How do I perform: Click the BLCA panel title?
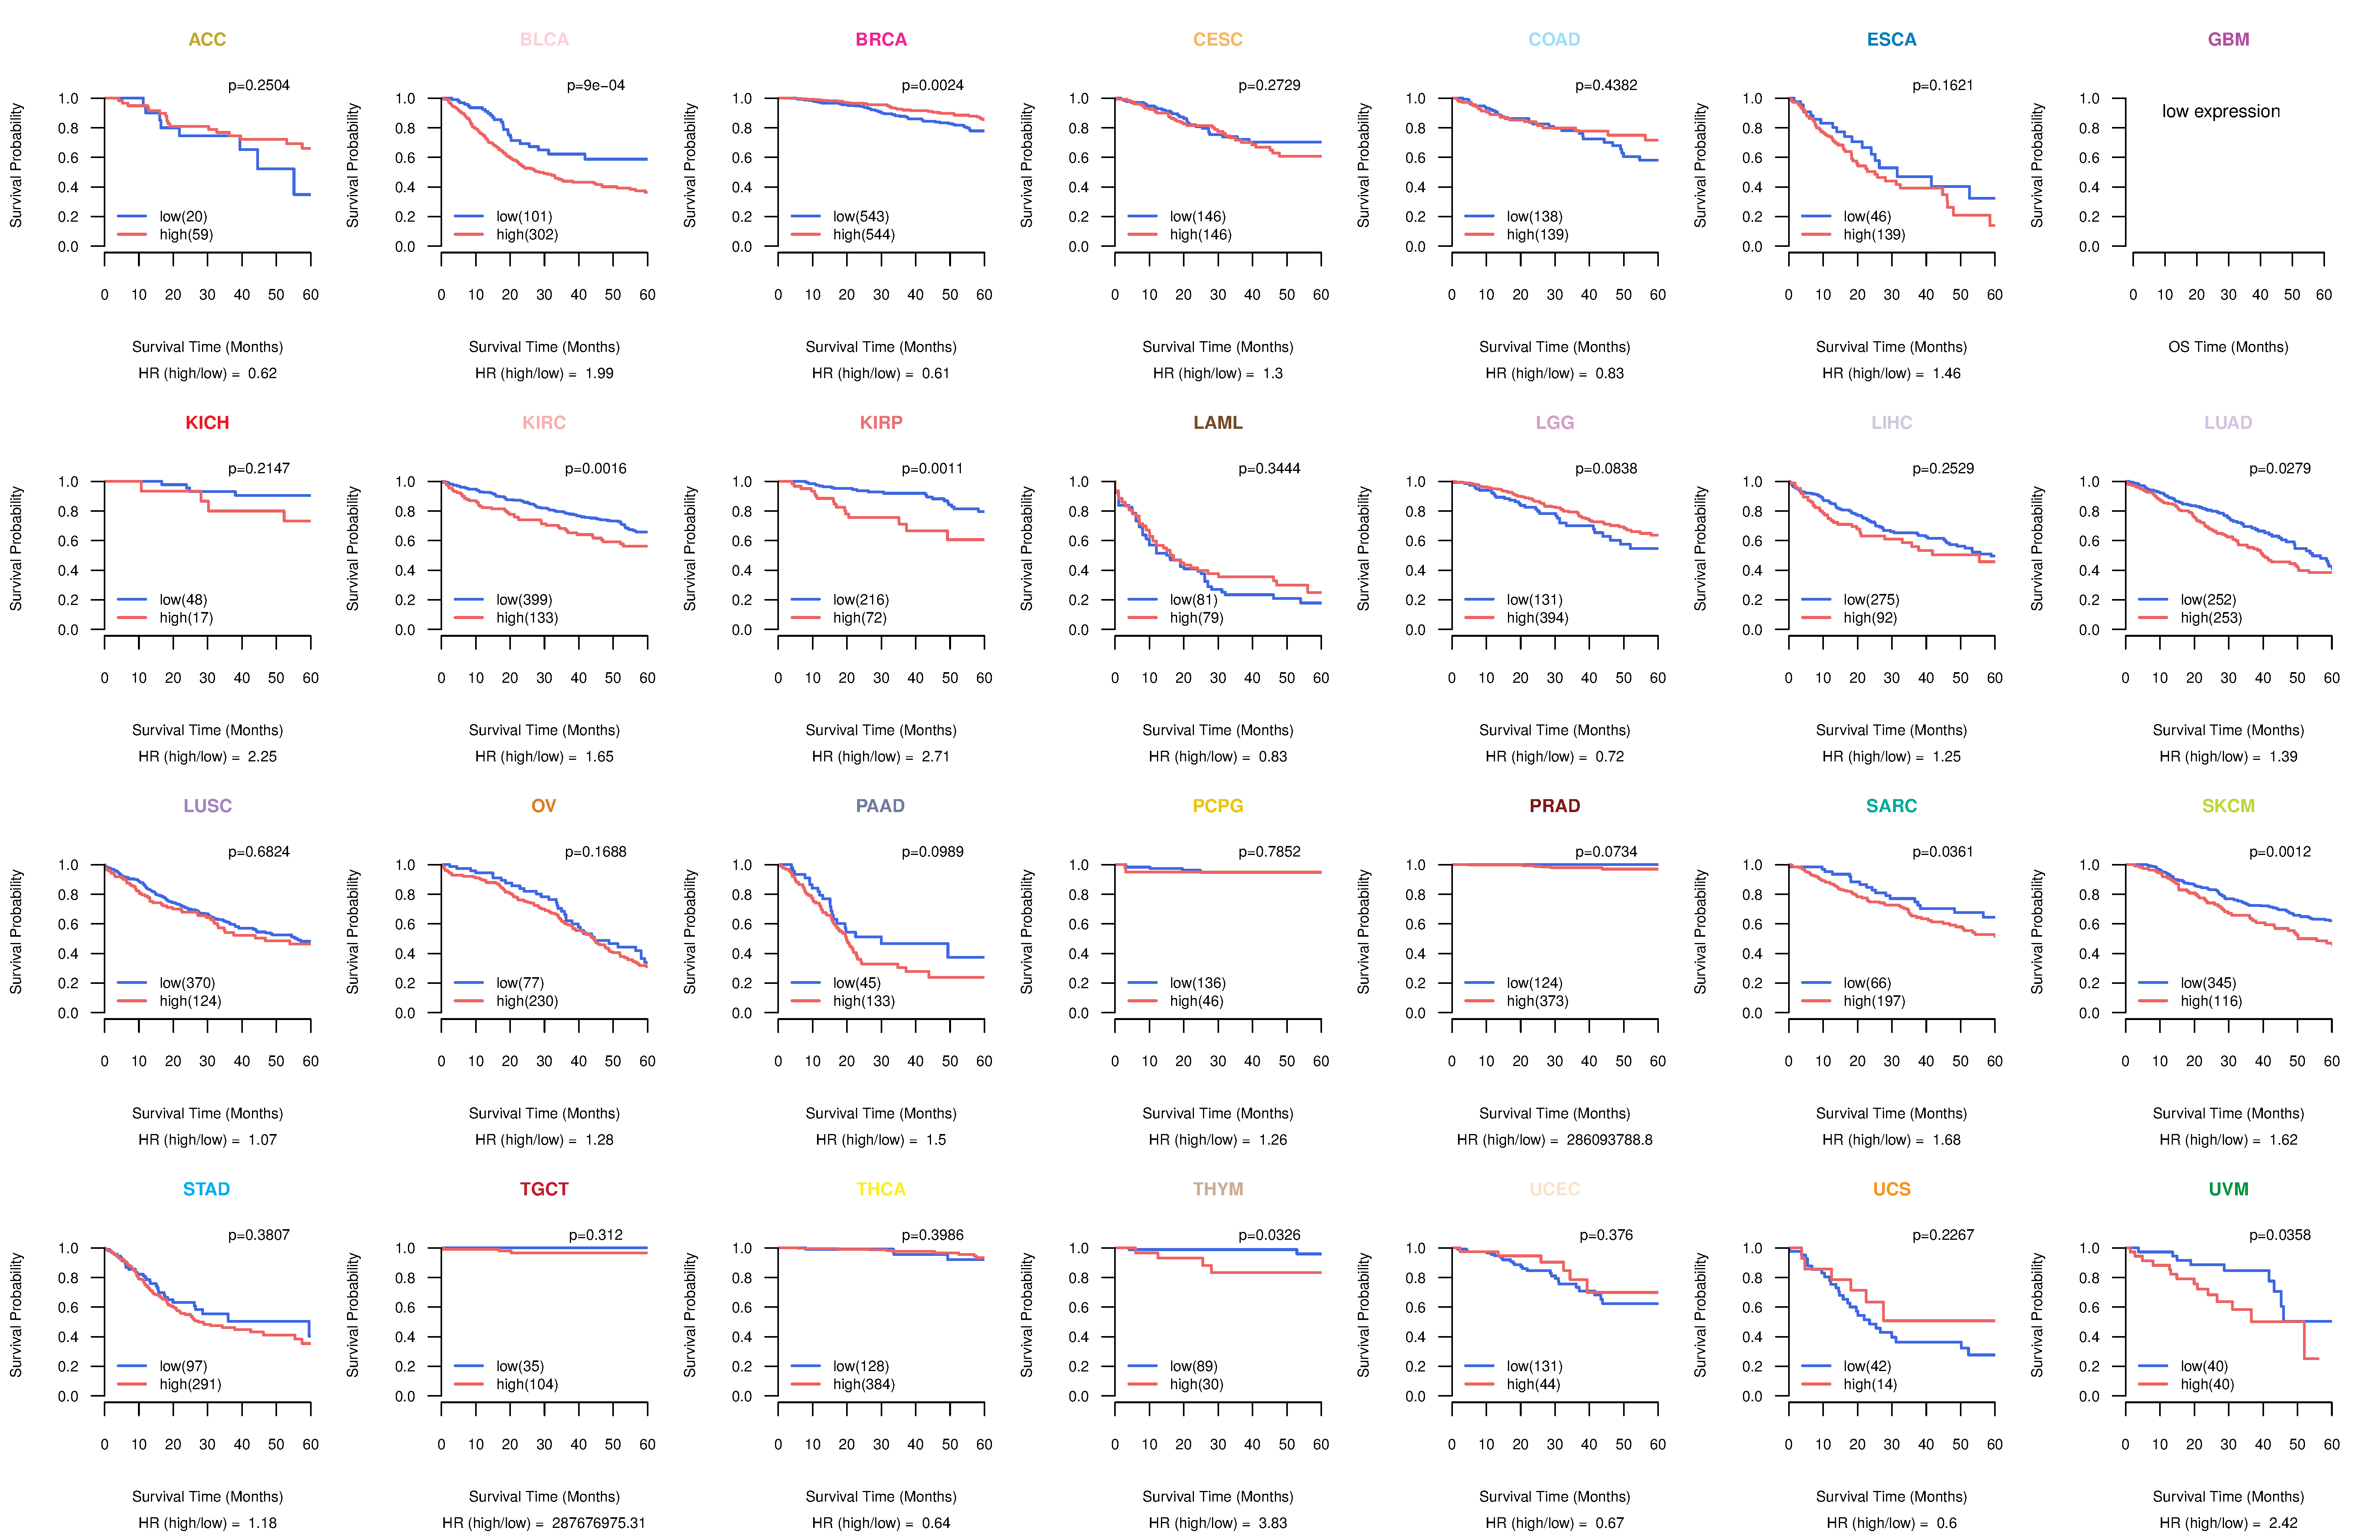544,40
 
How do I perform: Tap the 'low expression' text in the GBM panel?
2220,111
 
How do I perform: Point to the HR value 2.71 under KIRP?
935,756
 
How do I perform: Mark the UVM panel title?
2228,1189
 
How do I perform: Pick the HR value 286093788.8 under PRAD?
1609,1140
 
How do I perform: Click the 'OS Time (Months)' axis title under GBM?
2228,347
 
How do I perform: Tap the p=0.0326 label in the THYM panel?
1269,1235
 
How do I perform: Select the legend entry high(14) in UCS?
1870,1384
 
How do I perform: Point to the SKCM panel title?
2228,806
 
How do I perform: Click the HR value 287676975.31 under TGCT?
599,1523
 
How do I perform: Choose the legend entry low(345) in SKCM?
2207,983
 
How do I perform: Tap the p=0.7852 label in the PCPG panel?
1269,851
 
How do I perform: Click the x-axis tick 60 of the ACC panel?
310,294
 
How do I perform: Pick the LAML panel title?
1218,423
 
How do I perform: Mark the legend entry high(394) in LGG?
1537,618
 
